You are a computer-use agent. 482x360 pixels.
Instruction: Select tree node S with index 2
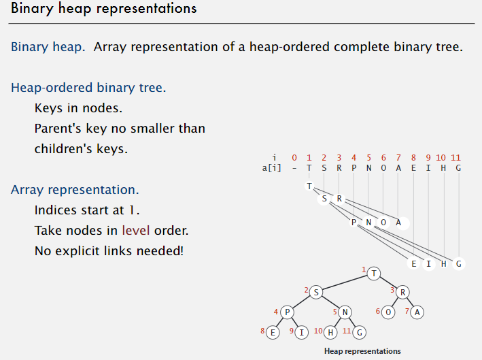pos(316,291)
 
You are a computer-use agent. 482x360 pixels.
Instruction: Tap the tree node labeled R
pos(402,291)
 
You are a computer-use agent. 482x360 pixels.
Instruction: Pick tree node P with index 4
pos(288,312)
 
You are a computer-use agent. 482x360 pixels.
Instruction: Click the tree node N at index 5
pos(345,312)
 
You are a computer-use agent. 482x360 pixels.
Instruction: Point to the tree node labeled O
pos(388,312)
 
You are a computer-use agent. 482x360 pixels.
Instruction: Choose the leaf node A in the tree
pos(417,312)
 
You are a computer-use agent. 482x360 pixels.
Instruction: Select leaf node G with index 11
pos(360,332)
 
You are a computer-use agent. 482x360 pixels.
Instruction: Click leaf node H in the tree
pos(331,332)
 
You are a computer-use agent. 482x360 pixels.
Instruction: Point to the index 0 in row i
pos(294,157)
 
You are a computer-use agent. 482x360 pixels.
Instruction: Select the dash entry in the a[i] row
pos(294,168)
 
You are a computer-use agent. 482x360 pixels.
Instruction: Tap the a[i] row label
pos(263,168)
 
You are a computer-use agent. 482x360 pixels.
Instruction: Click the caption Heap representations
pos(362,351)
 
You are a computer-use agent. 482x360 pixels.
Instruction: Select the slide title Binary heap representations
pos(104,9)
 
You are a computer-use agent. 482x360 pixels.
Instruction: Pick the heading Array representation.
pos(75,189)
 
